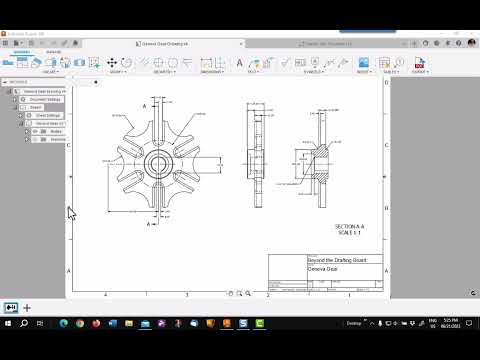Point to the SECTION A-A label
(x=349, y=227)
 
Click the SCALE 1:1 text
(x=349, y=233)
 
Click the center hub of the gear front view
(x=158, y=161)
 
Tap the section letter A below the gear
(x=149, y=225)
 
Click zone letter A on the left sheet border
(x=67, y=271)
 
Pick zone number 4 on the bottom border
(x=105, y=295)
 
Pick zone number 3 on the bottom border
(x=187, y=295)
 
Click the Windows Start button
(x=9, y=324)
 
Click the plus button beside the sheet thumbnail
(x=27, y=307)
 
